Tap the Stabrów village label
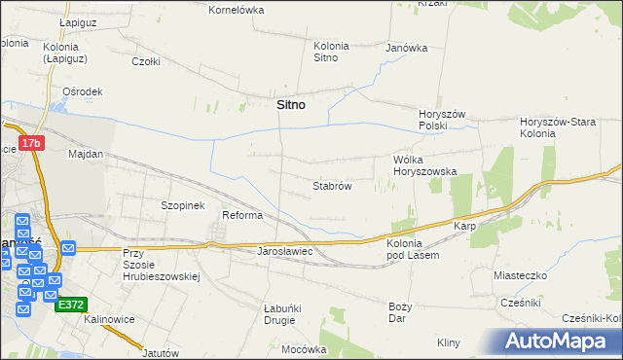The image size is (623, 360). point(331,185)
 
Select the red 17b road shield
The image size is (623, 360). point(32,143)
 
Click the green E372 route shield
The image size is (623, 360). point(71,304)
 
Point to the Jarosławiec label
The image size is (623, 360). point(283,251)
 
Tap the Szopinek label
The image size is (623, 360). point(182,206)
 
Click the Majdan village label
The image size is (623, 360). point(86,154)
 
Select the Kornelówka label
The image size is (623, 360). point(237,10)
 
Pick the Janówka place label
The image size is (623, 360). point(407,47)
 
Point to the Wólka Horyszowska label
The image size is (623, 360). point(424,164)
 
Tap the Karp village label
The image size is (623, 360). point(463,227)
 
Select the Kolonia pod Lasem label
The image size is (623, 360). point(413,249)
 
